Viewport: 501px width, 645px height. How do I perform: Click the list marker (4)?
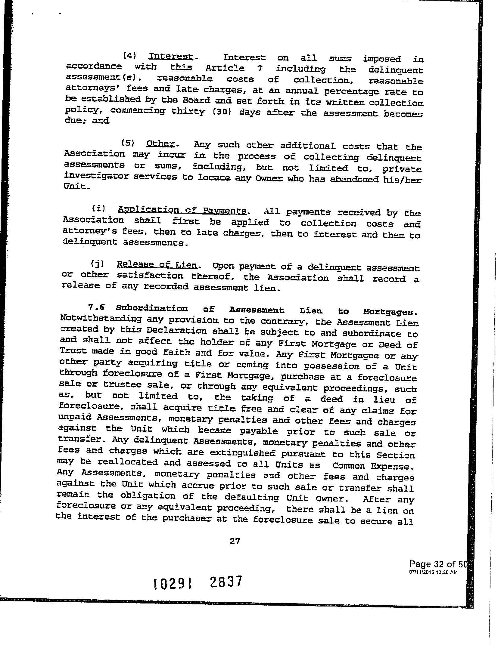click(130, 56)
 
